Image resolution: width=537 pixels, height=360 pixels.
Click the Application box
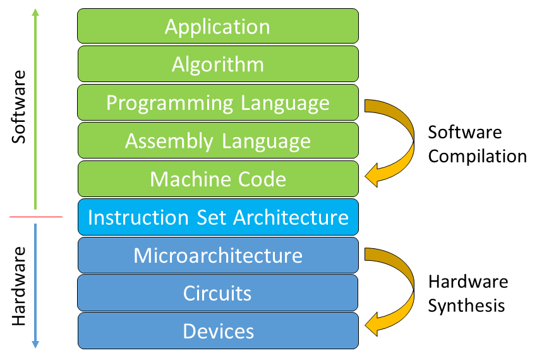pyautogui.click(x=218, y=26)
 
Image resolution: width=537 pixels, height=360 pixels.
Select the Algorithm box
pyautogui.click(x=218, y=64)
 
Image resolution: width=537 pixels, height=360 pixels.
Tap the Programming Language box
pyautogui.click(x=218, y=102)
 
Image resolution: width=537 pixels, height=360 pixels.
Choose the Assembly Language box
pyautogui.click(x=218, y=140)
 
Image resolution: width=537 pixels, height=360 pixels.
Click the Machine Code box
pyautogui.click(x=218, y=179)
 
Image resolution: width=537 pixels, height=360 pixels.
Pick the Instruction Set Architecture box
pyautogui.click(x=218, y=217)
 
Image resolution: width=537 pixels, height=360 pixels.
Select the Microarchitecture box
pyautogui.click(x=218, y=255)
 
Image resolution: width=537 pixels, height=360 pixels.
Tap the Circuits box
pyautogui.click(x=217, y=293)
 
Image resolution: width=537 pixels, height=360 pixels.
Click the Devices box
pyautogui.click(x=218, y=331)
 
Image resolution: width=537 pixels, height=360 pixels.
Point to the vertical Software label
pyautogui.click(x=18, y=107)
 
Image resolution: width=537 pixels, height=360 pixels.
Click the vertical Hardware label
pyautogui.click(x=18, y=286)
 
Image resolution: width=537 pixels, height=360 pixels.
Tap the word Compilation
pyautogui.click(x=478, y=157)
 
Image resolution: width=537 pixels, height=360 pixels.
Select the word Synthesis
pyautogui.click(x=466, y=306)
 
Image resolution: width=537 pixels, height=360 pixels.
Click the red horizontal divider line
pyautogui.click(x=36, y=217)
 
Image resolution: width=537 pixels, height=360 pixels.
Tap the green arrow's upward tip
pyautogui.click(x=35, y=9)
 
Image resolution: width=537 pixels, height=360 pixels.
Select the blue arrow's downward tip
pyautogui.click(x=35, y=348)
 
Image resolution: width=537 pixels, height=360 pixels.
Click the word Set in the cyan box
pyautogui.click(x=210, y=217)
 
